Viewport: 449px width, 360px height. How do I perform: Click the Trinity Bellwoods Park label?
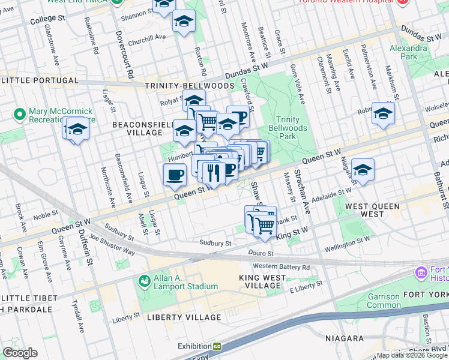click(x=292, y=128)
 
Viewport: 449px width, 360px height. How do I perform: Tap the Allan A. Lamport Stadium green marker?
click(x=144, y=281)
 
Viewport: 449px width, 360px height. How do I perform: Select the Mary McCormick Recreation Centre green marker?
click(x=19, y=113)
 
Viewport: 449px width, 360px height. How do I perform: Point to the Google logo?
click(x=20, y=353)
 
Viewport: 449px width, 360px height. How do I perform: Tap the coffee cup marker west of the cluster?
click(x=174, y=175)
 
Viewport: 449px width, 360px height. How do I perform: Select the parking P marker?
click(x=240, y=116)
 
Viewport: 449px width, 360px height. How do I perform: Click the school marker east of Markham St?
click(x=383, y=113)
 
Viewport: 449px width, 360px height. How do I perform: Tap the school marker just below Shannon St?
click(x=184, y=22)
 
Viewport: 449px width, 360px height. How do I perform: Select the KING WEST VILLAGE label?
click(x=260, y=281)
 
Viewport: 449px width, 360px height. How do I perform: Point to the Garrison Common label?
click(x=383, y=301)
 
